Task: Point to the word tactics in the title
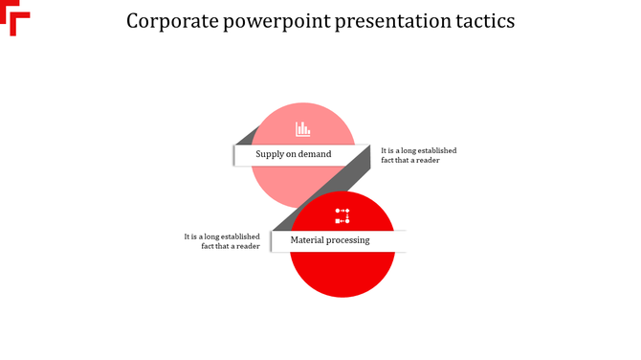tap(483, 21)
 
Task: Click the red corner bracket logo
tap(16, 18)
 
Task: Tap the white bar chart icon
tap(302, 128)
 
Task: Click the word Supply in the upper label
tap(270, 154)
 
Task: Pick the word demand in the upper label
tap(315, 154)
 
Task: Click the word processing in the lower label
tap(348, 240)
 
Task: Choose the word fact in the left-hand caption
tap(208, 246)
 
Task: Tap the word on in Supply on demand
tap(291, 154)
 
